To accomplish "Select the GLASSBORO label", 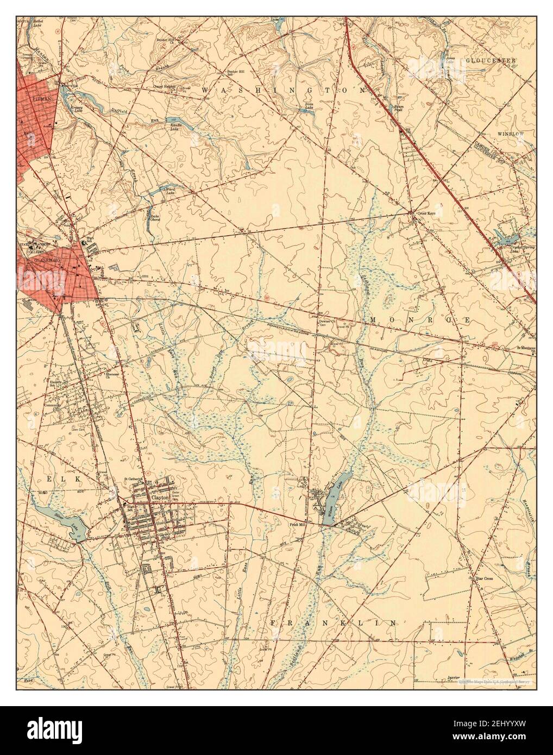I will click(33, 260).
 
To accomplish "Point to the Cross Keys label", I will click(425, 213).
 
